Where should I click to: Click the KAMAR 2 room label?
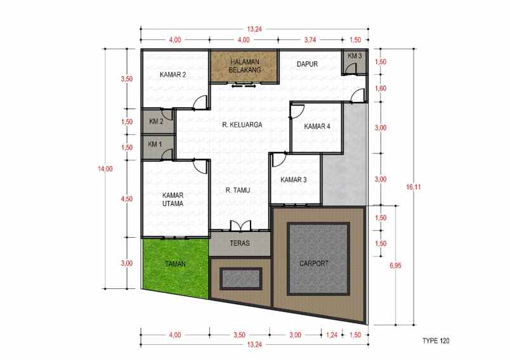pyautogui.click(x=173, y=75)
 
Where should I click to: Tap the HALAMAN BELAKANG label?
pyautogui.click(x=245, y=66)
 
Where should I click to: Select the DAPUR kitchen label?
pyautogui.click(x=307, y=65)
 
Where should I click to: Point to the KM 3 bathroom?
pyautogui.click(x=354, y=62)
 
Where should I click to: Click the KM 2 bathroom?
pyautogui.click(x=158, y=121)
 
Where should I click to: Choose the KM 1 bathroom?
pyautogui.click(x=158, y=148)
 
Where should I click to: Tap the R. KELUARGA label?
pyautogui.click(x=242, y=125)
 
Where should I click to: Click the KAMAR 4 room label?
pyautogui.click(x=317, y=126)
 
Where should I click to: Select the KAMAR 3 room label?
pyautogui.click(x=294, y=179)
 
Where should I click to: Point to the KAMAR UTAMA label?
pyautogui.click(x=173, y=200)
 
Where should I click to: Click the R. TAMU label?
pyautogui.click(x=238, y=190)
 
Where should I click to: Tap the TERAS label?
pyautogui.click(x=240, y=243)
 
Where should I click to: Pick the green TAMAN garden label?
pyautogui.click(x=175, y=264)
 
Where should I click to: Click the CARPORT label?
pyautogui.click(x=314, y=264)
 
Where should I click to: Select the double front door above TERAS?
pyautogui.click(x=240, y=226)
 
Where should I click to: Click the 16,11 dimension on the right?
pyautogui.click(x=413, y=187)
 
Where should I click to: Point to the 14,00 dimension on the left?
pyautogui.click(x=105, y=169)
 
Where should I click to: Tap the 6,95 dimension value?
pyautogui.click(x=395, y=266)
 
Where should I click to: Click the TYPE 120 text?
pyautogui.click(x=436, y=340)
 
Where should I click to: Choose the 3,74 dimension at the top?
pyautogui.click(x=310, y=40)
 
